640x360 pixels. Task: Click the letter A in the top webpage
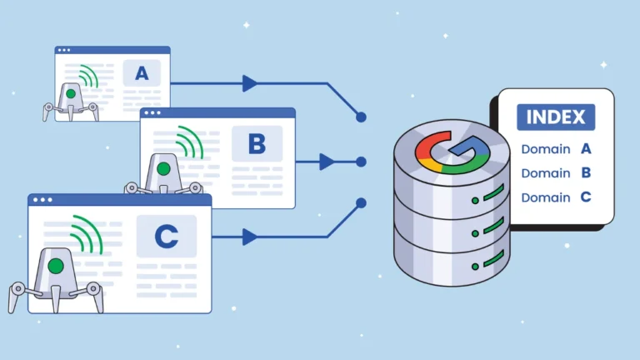(x=142, y=73)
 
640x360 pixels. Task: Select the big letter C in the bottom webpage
(x=167, y=237)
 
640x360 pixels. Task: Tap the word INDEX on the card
(x=556, y=117)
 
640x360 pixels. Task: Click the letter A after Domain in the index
(x=586, y=149)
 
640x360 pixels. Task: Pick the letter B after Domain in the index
(x=586, y=173)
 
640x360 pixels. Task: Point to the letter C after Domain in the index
(x=586, y=197)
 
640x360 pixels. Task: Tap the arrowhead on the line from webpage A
(x=249, y=83)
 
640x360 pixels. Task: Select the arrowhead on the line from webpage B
(x=327, y=162)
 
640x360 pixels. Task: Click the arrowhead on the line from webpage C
(x=249, y=237)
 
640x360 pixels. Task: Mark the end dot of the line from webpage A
(x=361, y=117)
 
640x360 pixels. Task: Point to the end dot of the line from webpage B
(x=361, y=162)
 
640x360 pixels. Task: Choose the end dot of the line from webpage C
(x=361, y=202)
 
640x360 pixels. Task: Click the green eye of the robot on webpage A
(x=71, y=94)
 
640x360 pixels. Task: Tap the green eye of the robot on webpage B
(x=163, y=169)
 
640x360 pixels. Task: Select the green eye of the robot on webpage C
(x=56, y=267)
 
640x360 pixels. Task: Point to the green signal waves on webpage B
(x=189, y=142)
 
